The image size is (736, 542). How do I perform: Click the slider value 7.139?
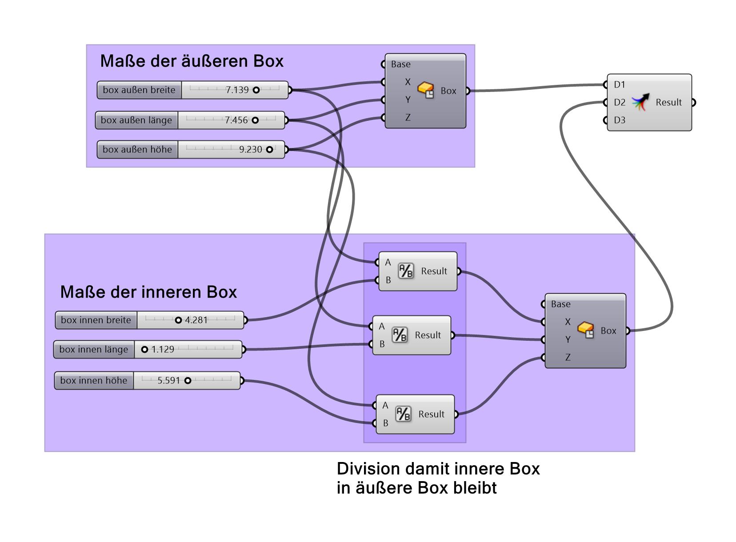pyautogui.click(x=237, y=90)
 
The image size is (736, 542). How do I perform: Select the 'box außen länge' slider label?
pyautogui.click(x=136, y=120)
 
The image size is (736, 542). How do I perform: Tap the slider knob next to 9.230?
pyautogui.click(x=269, y=150)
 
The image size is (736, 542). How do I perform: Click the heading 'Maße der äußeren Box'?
pyautogui.click(x=192, y=61)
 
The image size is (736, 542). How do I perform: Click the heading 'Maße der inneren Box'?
pyautogui.click(x=148, y=292)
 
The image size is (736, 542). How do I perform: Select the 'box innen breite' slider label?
pyautogui.click(x=96, y=320)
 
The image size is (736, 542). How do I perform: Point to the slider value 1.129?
pyautogui.click(x=163, y=350)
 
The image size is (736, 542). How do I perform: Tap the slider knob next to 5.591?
pyautogui.click(x=188, y=381)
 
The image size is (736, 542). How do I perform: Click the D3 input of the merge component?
pyautogui.click(x=619, y=120)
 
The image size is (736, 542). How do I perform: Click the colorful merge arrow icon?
pyautogui.click(x=640, y=102)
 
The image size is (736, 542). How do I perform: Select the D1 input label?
pyautogui.click(x=619, y=85)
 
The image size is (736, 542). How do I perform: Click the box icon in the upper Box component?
pyautogui.click(x=426, y=90)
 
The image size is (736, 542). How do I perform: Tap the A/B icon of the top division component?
pyautogui.click(x=405, y=271)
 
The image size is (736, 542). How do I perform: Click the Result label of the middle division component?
pyautogui.click(x=428, y=335)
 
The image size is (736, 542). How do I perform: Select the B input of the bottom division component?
pyautogui.click(x=385, y=423)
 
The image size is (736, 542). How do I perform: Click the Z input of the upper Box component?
pyautogui.click(x=408, y=118)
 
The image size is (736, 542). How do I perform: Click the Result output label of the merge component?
pyautogui.click(x=668, y=103)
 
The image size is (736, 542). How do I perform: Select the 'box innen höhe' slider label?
pyautogui.click(x=93, y=381)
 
